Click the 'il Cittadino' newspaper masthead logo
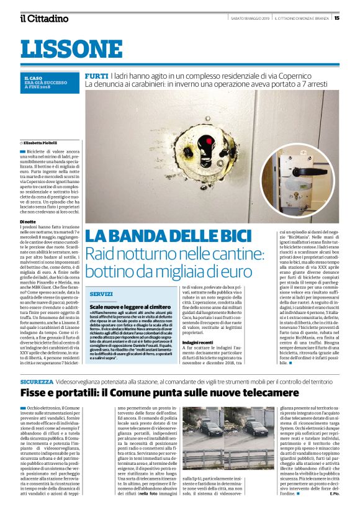(x=44, y=18)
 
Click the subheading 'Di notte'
(x=28, y=222)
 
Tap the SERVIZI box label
(x=101, y=294)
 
